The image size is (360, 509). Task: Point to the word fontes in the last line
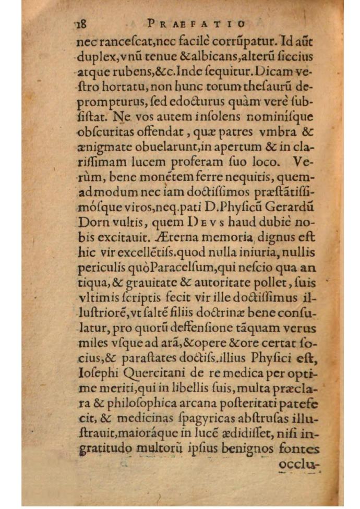pos(299,449)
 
